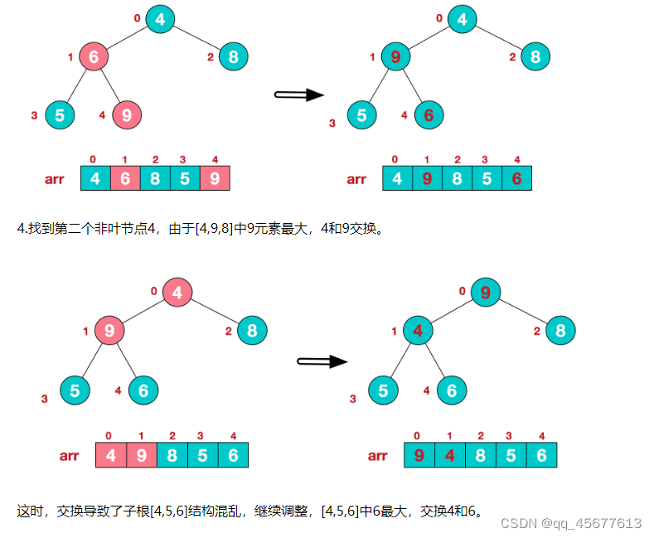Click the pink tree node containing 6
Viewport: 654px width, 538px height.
[x=94, y=56]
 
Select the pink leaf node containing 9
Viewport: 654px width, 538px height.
[x=126, y=114]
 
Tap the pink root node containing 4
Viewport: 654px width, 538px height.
[x=177, y=292]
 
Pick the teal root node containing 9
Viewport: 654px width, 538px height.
[x=486, y=292]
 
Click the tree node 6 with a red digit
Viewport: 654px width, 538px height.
[x=429, y=115]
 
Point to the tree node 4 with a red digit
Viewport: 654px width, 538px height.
[x=419, y=332]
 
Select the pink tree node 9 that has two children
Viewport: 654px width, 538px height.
[x=109, y=332]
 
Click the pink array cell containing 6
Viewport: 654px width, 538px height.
[x=125, y=178]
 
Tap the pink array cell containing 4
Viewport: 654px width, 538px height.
[x=110, y=455]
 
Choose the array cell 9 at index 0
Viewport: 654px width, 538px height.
[x=419, y=455]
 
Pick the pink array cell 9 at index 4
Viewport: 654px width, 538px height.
[x=215, y=178]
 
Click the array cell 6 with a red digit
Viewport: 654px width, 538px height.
[x=516, y=178]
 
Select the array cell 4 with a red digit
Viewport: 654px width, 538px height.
[x=450, y=455]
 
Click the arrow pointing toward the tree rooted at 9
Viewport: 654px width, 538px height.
[x=322, y=361]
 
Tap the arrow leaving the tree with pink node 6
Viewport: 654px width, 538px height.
[x=298, y=95]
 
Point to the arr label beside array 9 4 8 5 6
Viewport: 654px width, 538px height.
[x=377, y=455]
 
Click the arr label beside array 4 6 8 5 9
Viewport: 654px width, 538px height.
[x=55, y=178]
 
